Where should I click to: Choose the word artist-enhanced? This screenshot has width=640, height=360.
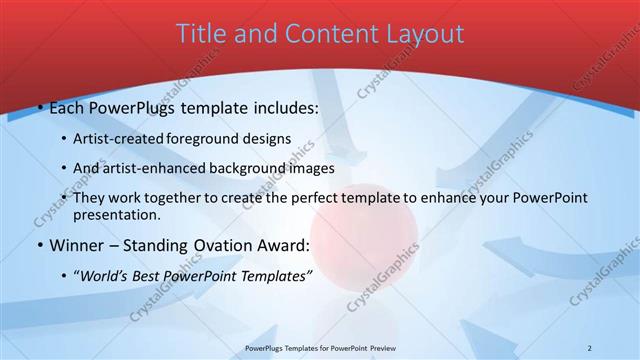tap(151, 168)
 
